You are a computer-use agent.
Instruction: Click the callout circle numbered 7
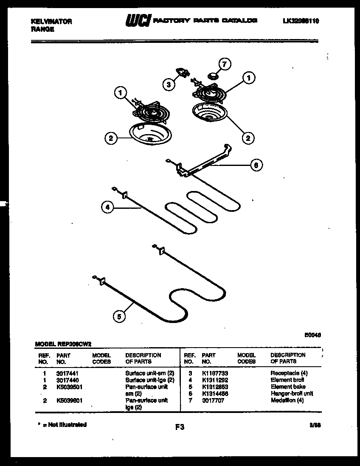(x=225, y=65)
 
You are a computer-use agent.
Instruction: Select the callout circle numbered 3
(x=169, y=84)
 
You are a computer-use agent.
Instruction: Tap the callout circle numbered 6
(x=256, y=165)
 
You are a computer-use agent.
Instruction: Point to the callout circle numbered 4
(x=108, y=208)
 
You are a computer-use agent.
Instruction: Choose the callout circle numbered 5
(x=119, y=316)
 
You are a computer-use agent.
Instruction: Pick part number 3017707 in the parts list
(x=213, y=400)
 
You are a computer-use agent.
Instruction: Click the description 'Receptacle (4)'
(x=289, y=373)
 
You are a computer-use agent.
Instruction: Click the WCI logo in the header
(x=137, y=21)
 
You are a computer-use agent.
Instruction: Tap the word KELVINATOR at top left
(x=52, y=22)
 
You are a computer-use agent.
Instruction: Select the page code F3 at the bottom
(x=180, y=427)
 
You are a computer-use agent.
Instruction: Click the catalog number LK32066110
(x=301, y=21)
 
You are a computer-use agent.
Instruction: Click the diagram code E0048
(x=312, y=334)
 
